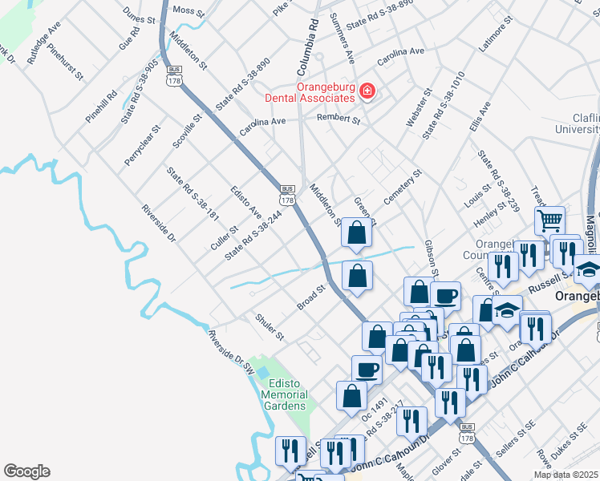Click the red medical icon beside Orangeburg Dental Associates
(x=367, y=92)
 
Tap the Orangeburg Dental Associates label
(x=314, y=92)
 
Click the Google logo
(x=26, y=471)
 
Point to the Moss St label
(x=189, y=10)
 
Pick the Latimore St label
(x=494, y=39)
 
